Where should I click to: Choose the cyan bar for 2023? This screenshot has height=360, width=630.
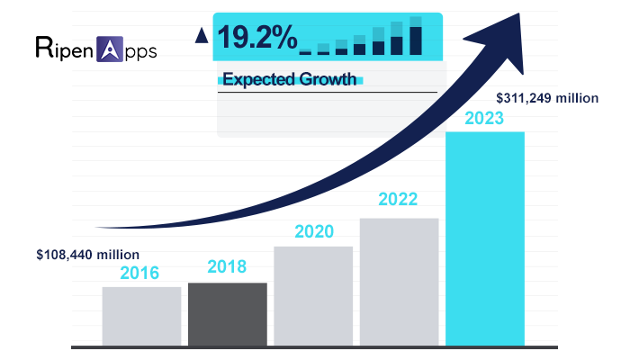[x=485, y=238]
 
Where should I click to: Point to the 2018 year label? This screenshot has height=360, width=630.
[x=227, y=267]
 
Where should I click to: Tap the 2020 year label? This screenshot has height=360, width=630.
[x=313, y=231]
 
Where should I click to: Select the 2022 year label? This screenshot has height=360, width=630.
[x=400, y=199]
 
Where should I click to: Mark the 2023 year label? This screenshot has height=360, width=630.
[x=485, y=118]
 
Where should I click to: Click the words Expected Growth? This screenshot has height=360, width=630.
[x=276, y=80]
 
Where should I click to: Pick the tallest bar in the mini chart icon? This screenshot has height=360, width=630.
[x=415, y=37]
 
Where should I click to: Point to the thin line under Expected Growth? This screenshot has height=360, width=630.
[x=328, y=92]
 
